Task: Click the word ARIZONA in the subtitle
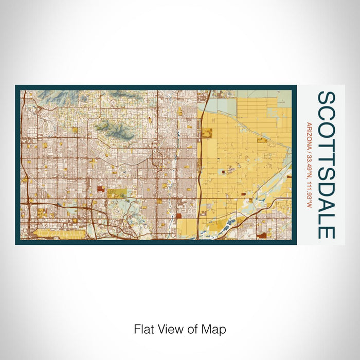pyautogui.click(x=308, y=134)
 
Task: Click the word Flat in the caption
pyautogui.click(x=144, y=329)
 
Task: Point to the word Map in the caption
pyautogui.click(x=215, y=329)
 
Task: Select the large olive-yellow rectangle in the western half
pyautogui.click(x=116, y=193)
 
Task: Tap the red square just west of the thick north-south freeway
pyautogui.click(x=179, y=217)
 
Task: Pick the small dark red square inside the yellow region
pyautogui.click(x=223, y=172)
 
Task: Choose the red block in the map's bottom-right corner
pyautogui.click(x=262, y=235)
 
